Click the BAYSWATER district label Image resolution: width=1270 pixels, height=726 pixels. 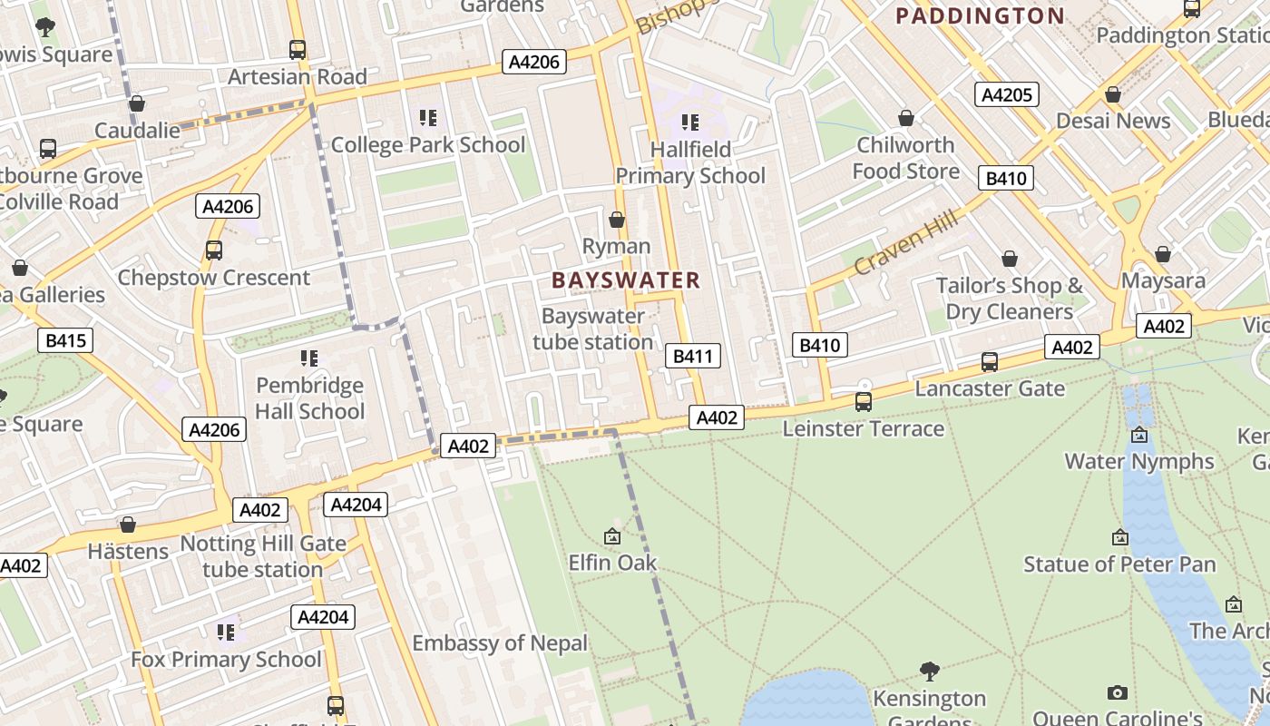(x=626, y=280)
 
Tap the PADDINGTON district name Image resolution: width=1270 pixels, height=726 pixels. (x=980, y=15)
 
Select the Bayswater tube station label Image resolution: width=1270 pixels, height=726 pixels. (x=592, y=329)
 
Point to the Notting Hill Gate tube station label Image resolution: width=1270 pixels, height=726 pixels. (x=263, y=556)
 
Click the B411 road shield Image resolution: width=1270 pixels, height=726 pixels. (x=692, y=356)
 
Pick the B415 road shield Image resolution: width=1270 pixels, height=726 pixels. (x=65, y=340)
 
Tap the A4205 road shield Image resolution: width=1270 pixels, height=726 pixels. (x=1007, y=94)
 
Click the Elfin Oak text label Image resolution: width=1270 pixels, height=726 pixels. (x=612, y=563)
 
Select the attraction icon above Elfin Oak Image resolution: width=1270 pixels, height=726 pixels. (x=612, y=536)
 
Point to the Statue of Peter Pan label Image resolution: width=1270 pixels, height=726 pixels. (x=1119, y=564)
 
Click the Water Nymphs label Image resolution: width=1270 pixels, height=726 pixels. (x=1138, y=461)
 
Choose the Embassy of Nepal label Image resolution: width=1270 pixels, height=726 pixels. (x=500, y=643)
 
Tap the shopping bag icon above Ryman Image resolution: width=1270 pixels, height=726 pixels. (x=617, y=220)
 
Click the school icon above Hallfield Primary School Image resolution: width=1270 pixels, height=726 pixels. (x=690, y=122)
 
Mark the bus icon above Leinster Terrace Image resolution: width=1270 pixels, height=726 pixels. (x=864, y=401)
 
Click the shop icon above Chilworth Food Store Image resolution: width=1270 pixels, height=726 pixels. (x=905, y=118)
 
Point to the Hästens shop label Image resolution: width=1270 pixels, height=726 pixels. (x=128, y=551)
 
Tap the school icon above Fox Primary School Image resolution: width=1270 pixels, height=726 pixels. (x=226, y=632)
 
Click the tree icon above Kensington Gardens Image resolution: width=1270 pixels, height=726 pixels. (x=929, y=672)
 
